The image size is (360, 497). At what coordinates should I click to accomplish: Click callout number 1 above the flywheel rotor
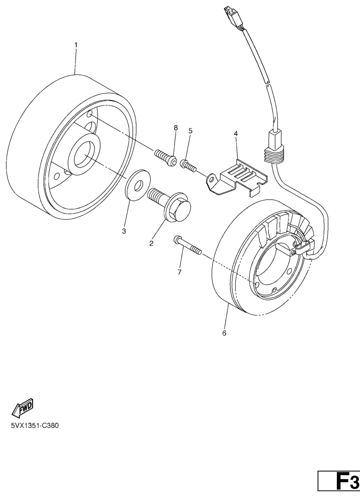76,45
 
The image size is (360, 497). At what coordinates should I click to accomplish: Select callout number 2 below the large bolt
152,244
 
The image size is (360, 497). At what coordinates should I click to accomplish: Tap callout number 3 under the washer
124,232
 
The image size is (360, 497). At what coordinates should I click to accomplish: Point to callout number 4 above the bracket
236,134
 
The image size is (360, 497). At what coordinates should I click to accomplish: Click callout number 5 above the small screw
190,131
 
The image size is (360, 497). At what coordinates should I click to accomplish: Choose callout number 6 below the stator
224,333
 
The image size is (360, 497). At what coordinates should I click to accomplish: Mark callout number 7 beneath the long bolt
179,272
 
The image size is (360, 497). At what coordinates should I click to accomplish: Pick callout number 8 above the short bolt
176,128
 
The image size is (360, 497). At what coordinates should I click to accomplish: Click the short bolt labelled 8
165,157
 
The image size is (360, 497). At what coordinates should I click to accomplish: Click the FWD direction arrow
23,407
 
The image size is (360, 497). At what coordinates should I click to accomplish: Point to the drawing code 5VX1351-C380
35,426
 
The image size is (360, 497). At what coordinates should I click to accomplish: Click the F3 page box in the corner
339,484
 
